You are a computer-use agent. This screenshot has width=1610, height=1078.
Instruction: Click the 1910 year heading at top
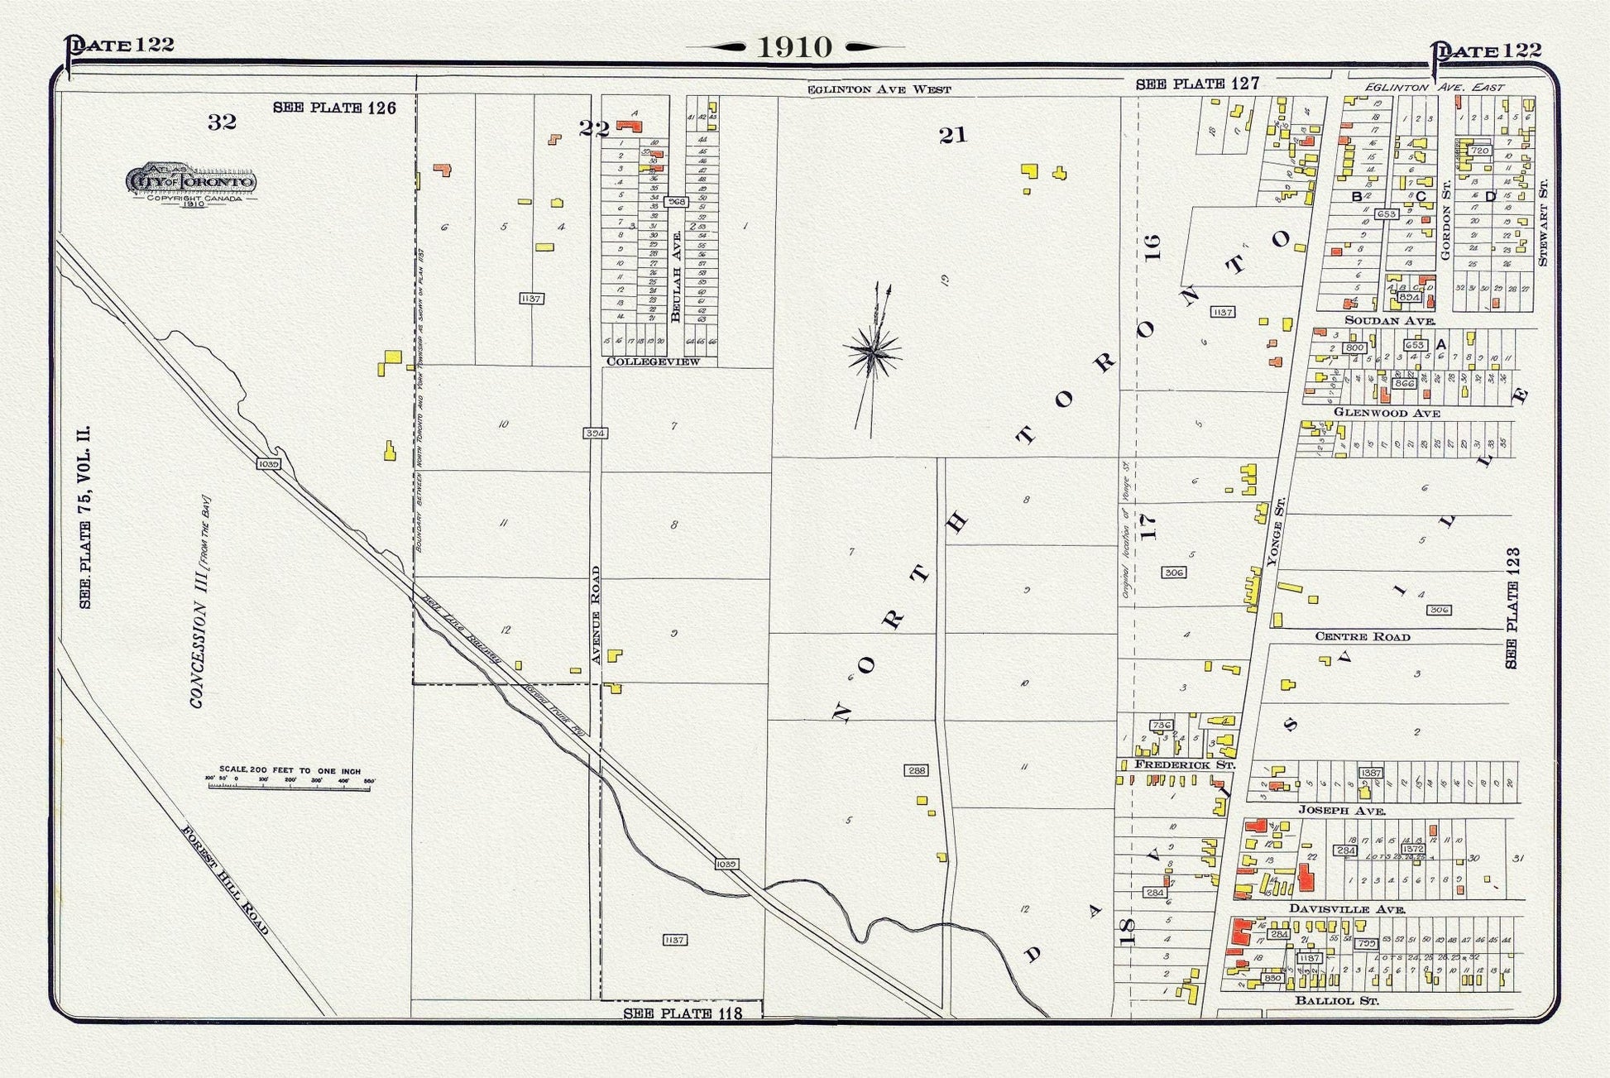(x=795, y=47)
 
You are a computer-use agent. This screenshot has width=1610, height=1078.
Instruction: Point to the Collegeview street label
(x=653, y=362)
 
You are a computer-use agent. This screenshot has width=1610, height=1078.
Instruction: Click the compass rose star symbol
(x=872, y=354)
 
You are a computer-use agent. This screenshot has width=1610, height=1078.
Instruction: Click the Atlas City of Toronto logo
(x=191, y=183)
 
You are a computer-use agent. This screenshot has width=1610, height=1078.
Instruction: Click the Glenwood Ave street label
(x=1387, y=412)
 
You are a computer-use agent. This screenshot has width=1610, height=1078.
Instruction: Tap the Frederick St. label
(x=1184, y=764)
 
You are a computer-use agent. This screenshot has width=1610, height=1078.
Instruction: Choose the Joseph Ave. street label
(x=1341, y=811)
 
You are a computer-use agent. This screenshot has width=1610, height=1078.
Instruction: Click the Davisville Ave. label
(x=1347, y=908)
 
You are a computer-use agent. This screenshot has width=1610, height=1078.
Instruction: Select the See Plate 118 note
(x=683, y=1013)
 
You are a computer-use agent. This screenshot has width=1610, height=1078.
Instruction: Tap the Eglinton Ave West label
(x=879, y=89)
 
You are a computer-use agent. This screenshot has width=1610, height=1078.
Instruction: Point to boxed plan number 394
(x=595, y=434)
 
